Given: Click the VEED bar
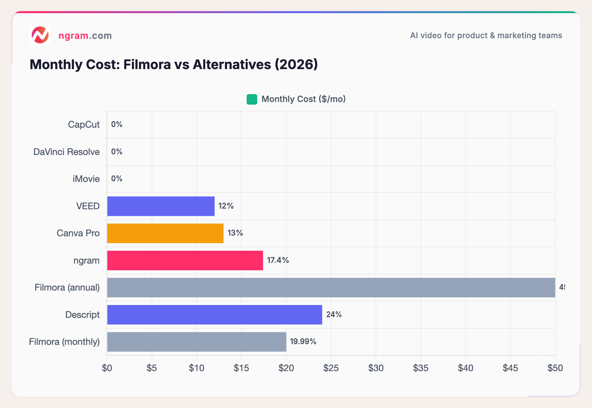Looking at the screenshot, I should (161, 206).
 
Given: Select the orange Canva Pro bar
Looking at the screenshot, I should (165, 233).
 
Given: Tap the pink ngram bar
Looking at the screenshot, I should (185, 261).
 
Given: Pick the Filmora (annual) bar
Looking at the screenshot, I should (331, 288).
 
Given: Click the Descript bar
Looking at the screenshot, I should (214, 315).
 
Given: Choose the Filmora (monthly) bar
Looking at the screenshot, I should (197, 342).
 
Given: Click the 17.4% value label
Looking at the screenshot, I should (278, 260).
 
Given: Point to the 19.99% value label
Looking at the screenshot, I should (303, 342).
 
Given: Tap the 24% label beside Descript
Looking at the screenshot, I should (334, 315).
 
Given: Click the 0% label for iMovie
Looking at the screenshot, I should (117, 179).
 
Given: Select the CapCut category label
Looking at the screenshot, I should (84, 125).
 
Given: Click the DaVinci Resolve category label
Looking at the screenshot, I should (66, 152).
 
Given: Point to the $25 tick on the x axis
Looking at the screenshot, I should (331, 368).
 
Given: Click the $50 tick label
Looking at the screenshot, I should (555, 368).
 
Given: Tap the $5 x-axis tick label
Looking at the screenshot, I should (152, 368).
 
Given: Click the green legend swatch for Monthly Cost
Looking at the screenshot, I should (252, 99).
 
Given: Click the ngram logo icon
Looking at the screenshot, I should (40, 35).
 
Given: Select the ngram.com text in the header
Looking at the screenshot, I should (85, 36).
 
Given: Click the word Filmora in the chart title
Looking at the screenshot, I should (147, 64).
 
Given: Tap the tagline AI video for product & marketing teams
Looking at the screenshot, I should (486, 36).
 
